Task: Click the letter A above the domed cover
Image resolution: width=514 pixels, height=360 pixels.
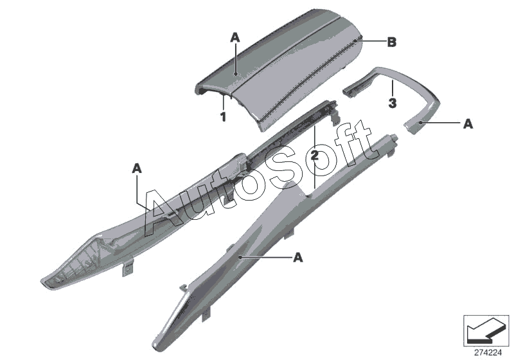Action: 235,39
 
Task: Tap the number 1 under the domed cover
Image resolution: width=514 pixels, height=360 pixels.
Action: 223,117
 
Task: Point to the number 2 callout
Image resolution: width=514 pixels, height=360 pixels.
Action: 314,155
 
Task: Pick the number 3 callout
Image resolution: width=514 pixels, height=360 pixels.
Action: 392,102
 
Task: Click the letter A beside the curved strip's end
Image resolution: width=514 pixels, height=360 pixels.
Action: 468,123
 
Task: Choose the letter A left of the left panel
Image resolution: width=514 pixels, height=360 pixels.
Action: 136,168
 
